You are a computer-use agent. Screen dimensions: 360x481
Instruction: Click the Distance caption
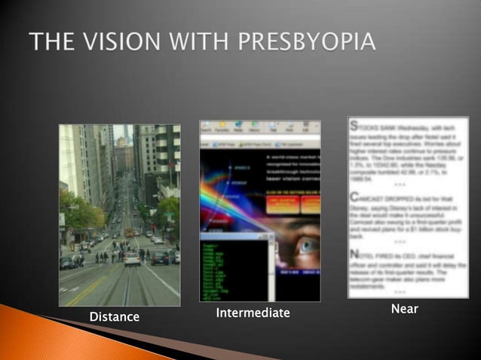point(115,317)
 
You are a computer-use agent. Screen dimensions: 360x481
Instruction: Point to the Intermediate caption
point(253,313)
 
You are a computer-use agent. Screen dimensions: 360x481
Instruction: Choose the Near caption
point(405,309)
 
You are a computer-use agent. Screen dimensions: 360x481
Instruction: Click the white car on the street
point(133,258)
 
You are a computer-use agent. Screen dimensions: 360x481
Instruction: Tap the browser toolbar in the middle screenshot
point(260,130)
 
